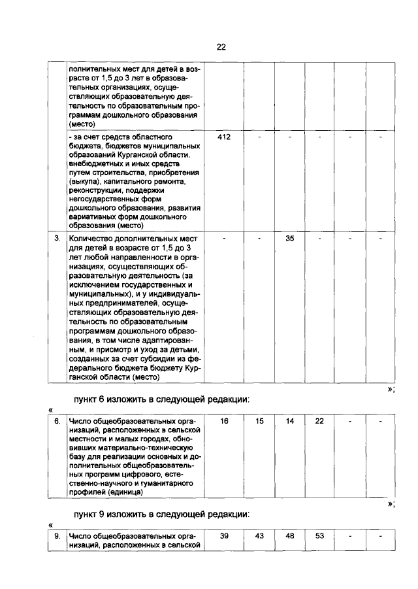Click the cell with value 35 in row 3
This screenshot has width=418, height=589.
[291, 239]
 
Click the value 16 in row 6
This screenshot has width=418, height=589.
[224, 422]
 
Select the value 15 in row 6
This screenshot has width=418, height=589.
[259, 422]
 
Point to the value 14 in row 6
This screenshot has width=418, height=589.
[290, 422]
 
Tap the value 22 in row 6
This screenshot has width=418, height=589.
[319, 422]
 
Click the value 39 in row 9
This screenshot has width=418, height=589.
[224, 536]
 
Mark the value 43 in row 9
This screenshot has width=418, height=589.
[259, 536]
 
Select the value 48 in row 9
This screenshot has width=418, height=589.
[290, 536]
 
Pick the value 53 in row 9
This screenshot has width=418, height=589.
[319, 536]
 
